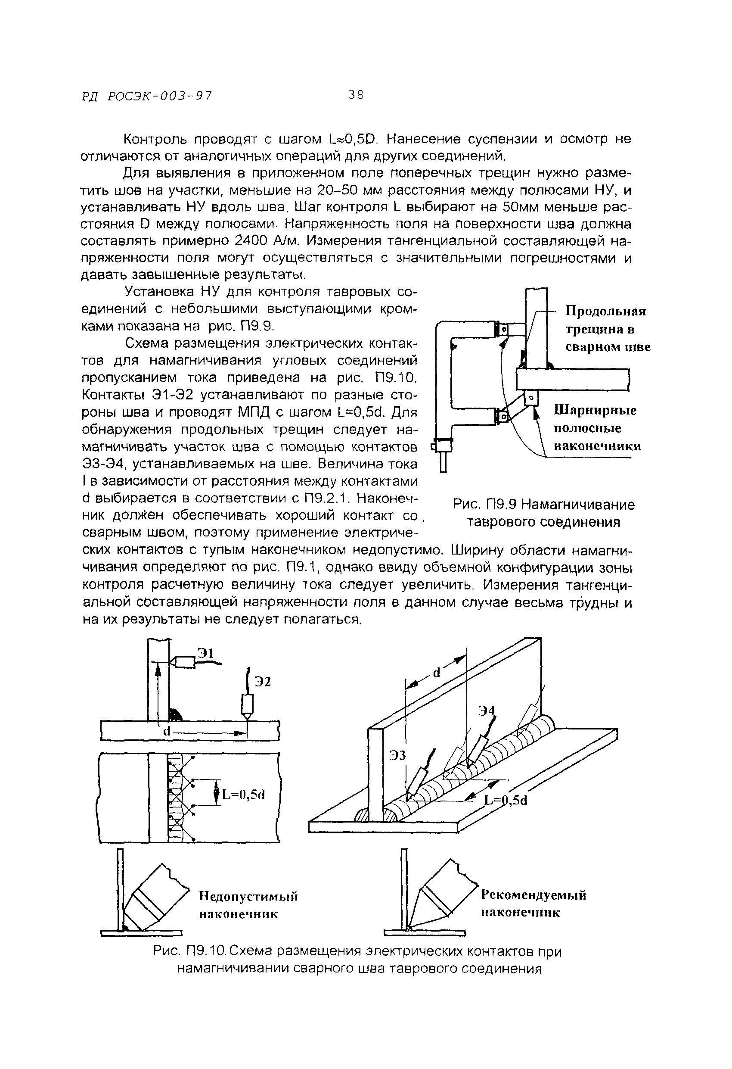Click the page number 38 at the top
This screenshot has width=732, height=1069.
355,95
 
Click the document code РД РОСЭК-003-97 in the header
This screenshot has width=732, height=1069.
147,97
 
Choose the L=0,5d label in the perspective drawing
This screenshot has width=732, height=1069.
506,801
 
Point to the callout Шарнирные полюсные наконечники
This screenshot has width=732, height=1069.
597,428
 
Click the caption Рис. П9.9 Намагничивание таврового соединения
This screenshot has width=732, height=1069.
543,513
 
